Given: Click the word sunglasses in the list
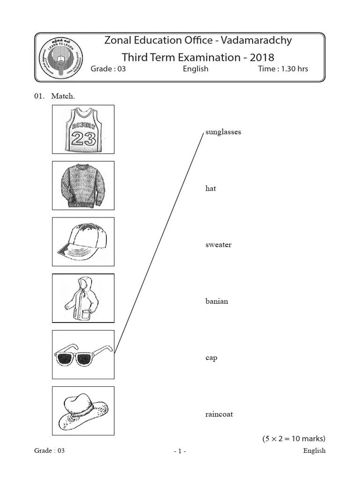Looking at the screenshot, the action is click(223, 132).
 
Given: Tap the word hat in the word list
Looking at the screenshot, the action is click(210, 188).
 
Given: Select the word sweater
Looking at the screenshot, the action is click(218, 245).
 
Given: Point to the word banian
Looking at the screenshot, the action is click(217, 301).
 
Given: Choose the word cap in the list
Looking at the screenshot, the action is click(211, 358).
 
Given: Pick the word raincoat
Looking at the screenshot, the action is click(219, 414).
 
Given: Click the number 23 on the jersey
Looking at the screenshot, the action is click(83, 138).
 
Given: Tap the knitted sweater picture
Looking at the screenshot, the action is click(83, 186).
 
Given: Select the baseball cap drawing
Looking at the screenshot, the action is click(83, 242).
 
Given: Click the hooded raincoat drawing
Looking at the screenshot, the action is click(83, 298).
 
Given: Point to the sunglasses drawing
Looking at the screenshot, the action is click(83, 355).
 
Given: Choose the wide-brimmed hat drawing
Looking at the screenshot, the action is click(83, 411).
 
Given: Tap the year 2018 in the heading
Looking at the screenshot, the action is click(262, 57).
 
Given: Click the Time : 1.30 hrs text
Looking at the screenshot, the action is click(283, 69).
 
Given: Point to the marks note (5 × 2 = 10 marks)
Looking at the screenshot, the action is click(293, 439).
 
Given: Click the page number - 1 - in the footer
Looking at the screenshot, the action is click(180, 451).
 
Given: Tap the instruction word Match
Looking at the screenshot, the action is click(63, 96).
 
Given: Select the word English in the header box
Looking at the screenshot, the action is click(195, 69).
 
